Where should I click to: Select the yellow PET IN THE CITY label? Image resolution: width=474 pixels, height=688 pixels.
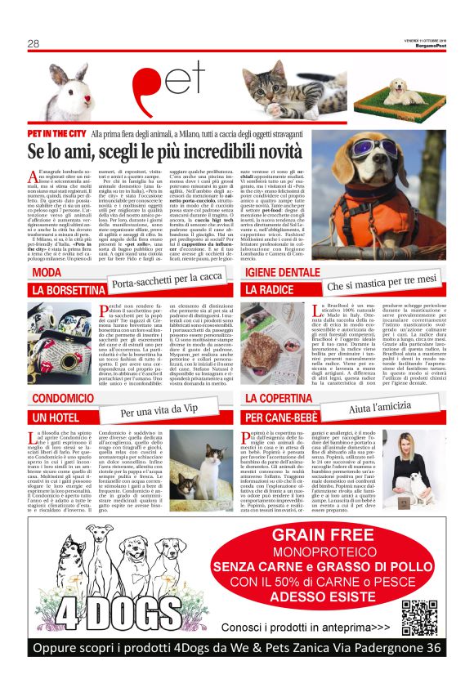56,132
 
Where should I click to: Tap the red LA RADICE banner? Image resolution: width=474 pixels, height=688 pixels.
270,290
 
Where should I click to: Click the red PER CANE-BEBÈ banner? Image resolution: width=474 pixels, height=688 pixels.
285,417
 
